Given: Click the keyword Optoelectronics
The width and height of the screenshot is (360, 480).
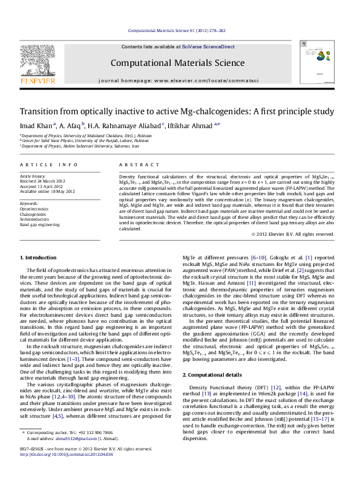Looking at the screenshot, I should (x=34, y=209).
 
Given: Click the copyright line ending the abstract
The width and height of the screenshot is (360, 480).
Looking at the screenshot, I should (x=293, y=234).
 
